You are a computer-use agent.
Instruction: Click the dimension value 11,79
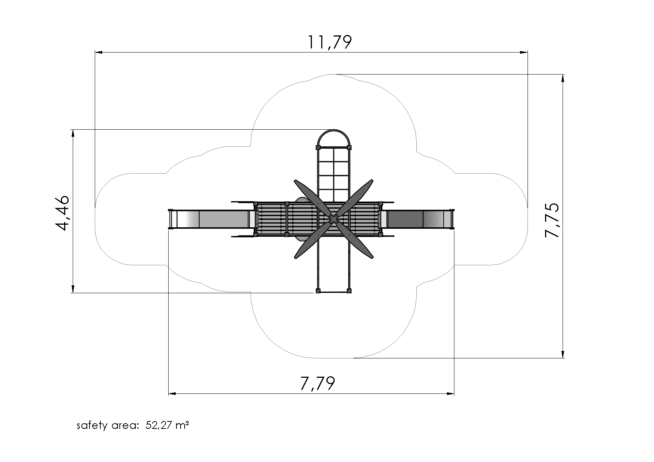(329, 42)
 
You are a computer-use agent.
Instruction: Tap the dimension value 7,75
(552, 220)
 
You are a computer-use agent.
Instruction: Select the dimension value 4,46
(62, 213)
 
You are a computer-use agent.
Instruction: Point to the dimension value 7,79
(317, 384)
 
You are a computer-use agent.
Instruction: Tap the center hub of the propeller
(334, 219)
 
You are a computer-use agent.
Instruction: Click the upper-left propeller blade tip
(295, 182)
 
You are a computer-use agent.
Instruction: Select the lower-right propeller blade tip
(372, 257)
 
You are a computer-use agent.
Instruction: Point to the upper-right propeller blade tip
(372, 181)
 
